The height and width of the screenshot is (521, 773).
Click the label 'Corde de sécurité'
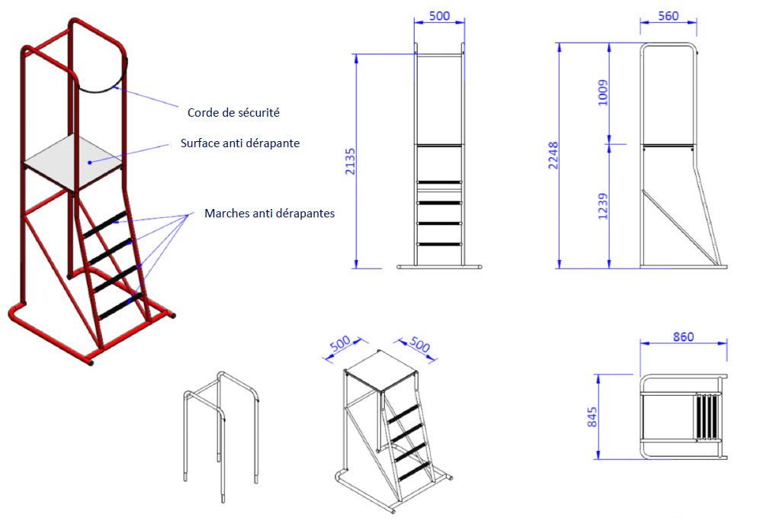pyautogui.click(x=233, y=112)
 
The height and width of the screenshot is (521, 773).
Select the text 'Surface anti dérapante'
pyautogui.click(x=240, y=143)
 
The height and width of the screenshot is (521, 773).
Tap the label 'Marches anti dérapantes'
pyautogui.click(x=270, y=213)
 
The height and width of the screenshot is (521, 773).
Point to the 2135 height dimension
pyautogui.click(x=350, y=161)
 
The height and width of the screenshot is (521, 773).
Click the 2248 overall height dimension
pyautogui.click(x=553, y=156)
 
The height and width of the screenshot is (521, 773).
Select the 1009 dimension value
pyautogui.click(x=602, y=93)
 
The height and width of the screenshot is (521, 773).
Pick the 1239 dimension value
pyautogui.click(x=602, y=206)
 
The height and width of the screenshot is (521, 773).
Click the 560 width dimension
pyautogui.click(x=669, y=16)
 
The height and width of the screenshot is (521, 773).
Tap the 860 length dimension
pyautogui.click(x=683, y=336)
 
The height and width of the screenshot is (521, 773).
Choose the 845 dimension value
pyautogui.click(x=592, y=417)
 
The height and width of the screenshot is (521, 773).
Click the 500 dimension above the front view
pyautogui.click(x=439, y=16)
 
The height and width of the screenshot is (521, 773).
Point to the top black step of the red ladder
pyautogui.click(x=105, y=224)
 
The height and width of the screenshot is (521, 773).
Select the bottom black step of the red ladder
pyautogui.click(x=120, y=307)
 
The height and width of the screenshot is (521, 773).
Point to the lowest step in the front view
pyautogui.click(x=439, y=244)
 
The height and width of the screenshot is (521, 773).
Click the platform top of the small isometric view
pyautogui.click(x=381, y=370)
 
